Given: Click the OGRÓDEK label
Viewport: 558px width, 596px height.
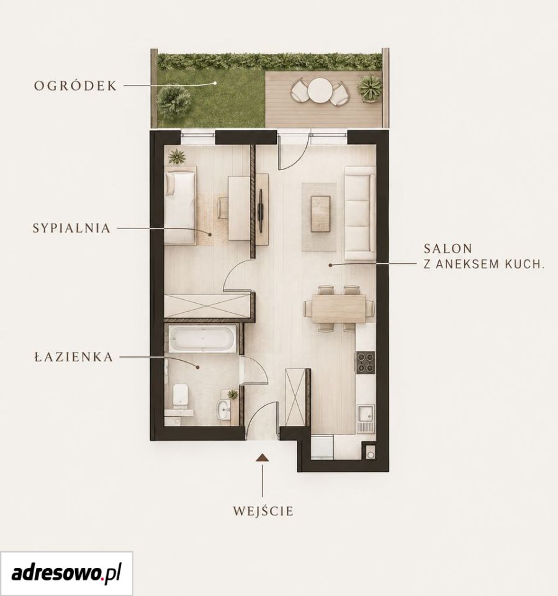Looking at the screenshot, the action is (x=76, y=86).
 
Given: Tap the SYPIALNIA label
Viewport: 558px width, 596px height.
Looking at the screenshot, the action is (x=71, y=228).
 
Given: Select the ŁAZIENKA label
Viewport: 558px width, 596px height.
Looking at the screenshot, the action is (x=74, y=358).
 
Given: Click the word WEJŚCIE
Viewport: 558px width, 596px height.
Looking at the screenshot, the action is (x=263, y=511).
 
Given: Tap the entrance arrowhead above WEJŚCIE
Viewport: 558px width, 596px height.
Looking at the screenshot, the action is (x=263, y=458).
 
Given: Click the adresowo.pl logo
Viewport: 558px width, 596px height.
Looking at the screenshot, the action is (x=66, y=574).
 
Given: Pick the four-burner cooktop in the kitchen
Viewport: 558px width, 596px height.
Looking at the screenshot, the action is (x=366, y=362).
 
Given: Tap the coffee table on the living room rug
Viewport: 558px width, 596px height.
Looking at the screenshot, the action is (x=320, y=213).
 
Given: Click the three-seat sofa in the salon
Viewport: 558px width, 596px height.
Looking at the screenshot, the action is (x=359, y=213).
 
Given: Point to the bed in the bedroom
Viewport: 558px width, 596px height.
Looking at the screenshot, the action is (x=180, y=207).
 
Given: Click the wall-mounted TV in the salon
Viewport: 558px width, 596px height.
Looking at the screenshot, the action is (x=261, y=209).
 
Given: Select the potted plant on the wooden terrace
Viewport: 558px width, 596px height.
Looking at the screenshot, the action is (x=369, y=88).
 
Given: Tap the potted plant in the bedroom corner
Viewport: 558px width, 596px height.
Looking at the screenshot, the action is (x=177, y=156).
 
